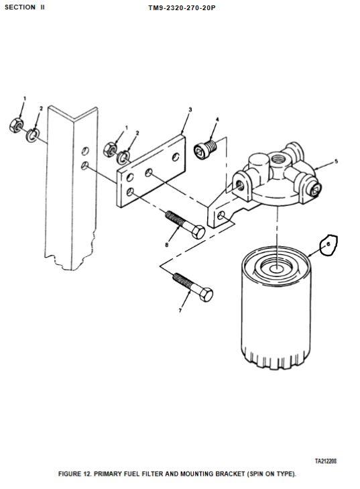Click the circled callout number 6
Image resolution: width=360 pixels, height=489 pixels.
pos(328,244)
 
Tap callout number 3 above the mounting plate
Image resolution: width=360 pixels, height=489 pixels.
pos(190,109)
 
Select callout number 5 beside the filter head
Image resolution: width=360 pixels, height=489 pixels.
pos(336,161)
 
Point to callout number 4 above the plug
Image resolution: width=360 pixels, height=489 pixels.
pos(217,119)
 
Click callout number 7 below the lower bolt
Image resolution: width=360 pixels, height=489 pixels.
pos(180,311)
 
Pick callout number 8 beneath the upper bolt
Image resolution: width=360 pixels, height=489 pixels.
pos(167,245)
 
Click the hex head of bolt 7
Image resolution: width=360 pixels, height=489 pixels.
pos(206,294)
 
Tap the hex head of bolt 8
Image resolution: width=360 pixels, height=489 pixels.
pos(198,232)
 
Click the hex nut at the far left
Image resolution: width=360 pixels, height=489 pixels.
pos(15,125)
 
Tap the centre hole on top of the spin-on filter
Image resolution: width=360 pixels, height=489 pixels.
pos(277,270)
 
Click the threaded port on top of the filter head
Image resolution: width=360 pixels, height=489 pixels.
pos(277,160)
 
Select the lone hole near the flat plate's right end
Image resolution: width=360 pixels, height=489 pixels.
pos(176,157)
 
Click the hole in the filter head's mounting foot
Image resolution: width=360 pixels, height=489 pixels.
pos(221,215)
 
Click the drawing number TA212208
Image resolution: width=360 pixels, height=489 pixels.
pos(326,461)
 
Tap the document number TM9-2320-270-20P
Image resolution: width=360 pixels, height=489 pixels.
pos(182,8)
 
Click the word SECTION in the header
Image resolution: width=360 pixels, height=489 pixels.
pos(20,7)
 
